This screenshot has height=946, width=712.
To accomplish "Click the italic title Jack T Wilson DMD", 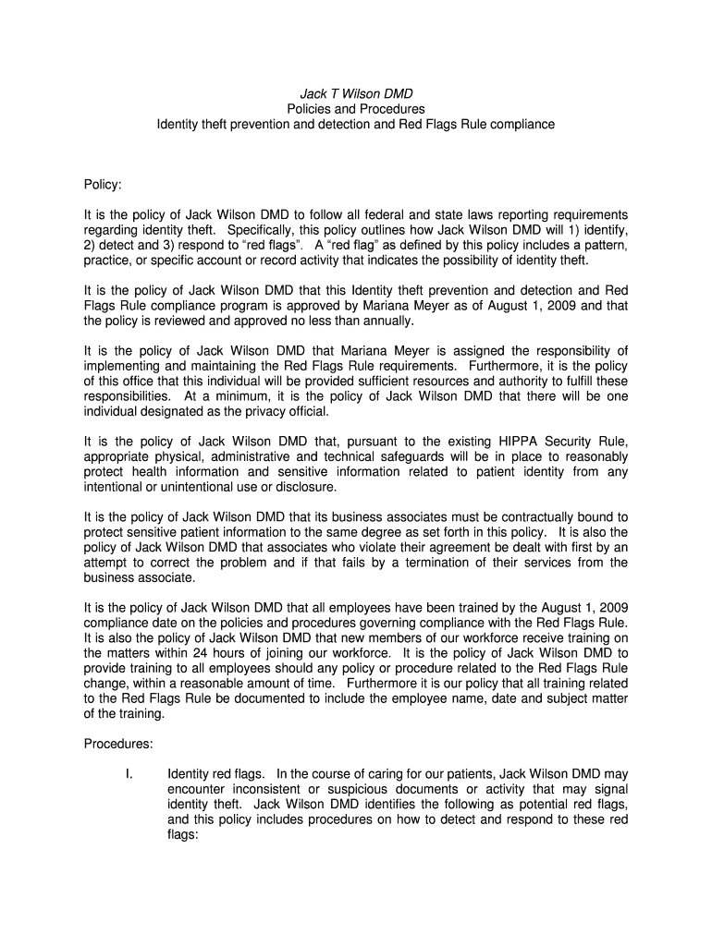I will (x=356, y=94).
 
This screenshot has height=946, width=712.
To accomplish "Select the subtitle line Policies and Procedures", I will (x=356, y=109).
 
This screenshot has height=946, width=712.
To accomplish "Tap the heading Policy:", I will (x=103, y=185).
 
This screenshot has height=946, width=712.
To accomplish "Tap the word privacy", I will (x=261, y=411).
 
